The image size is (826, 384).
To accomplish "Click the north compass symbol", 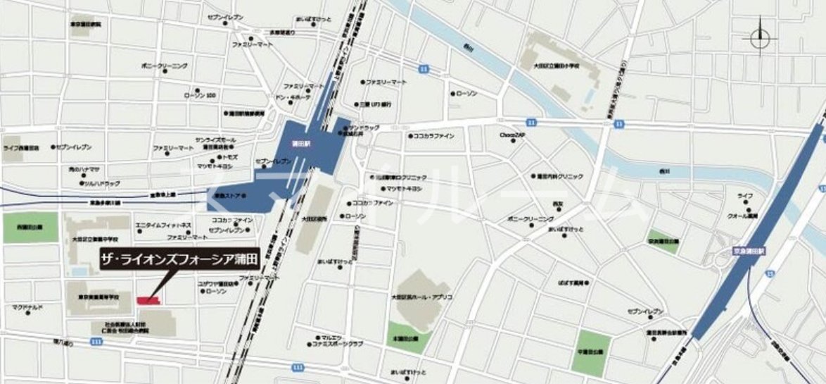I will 761,39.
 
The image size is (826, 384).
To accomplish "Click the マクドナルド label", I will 28,308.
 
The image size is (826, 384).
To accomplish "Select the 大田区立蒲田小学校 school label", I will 555,66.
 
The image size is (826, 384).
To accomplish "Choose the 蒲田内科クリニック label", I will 557,176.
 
